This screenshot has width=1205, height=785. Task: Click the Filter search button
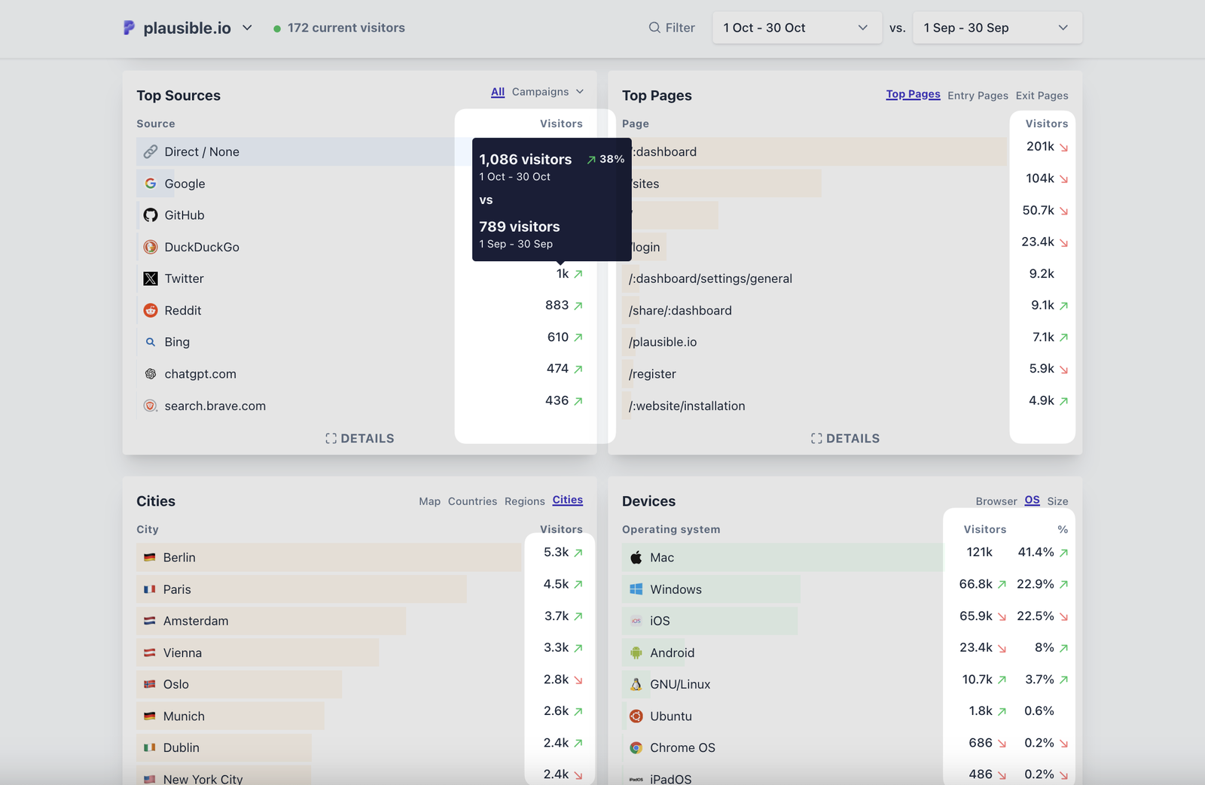[x=672, y=28]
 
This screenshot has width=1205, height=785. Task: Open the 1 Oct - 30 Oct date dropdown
[x=796, y=28]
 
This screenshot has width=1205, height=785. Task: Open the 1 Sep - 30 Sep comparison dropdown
[x=996, y=28]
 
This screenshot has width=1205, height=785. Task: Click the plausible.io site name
[x=187, y=28]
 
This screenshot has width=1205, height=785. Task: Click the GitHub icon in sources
[x=151, y=215]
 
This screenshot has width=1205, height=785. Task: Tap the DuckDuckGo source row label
[x=202, y=247]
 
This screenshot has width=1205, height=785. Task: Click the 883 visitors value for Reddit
[x=557, y=305]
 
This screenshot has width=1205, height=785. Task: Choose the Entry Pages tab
[x=977, y=96]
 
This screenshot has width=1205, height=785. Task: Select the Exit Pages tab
[x=1042, y=96]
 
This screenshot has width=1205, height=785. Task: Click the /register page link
[x=652, y=374]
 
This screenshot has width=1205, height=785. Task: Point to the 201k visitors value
[x=1040, y=147]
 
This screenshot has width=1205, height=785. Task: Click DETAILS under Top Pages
[x=845, y=438]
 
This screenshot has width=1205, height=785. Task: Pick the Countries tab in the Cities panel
[x=472, y=501]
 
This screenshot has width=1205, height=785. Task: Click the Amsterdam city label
[x=196, y=621]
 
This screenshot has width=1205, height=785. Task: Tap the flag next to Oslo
[x=150, y=684]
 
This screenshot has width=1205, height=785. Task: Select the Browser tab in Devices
[x=996, y=501]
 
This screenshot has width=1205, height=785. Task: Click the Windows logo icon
[x=636, y=589]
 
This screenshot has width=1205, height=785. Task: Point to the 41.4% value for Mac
[x=1036, y=552]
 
